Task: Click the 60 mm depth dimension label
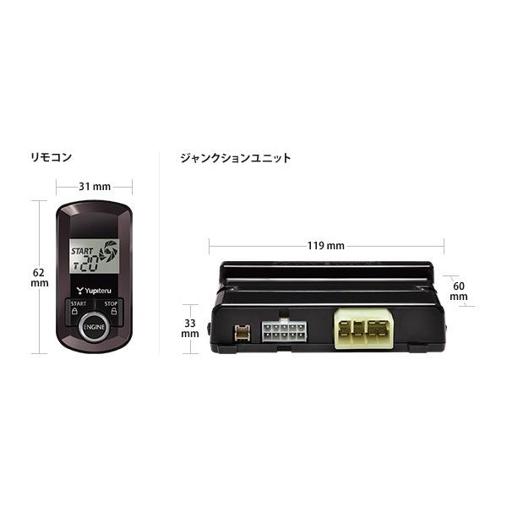coord(459,292)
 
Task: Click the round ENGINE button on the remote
coord(92,328)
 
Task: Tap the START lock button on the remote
coord(77,308)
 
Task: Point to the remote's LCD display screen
coord(92,253)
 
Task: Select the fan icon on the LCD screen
coord(108,250)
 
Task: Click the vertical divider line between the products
coord(161,253)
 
